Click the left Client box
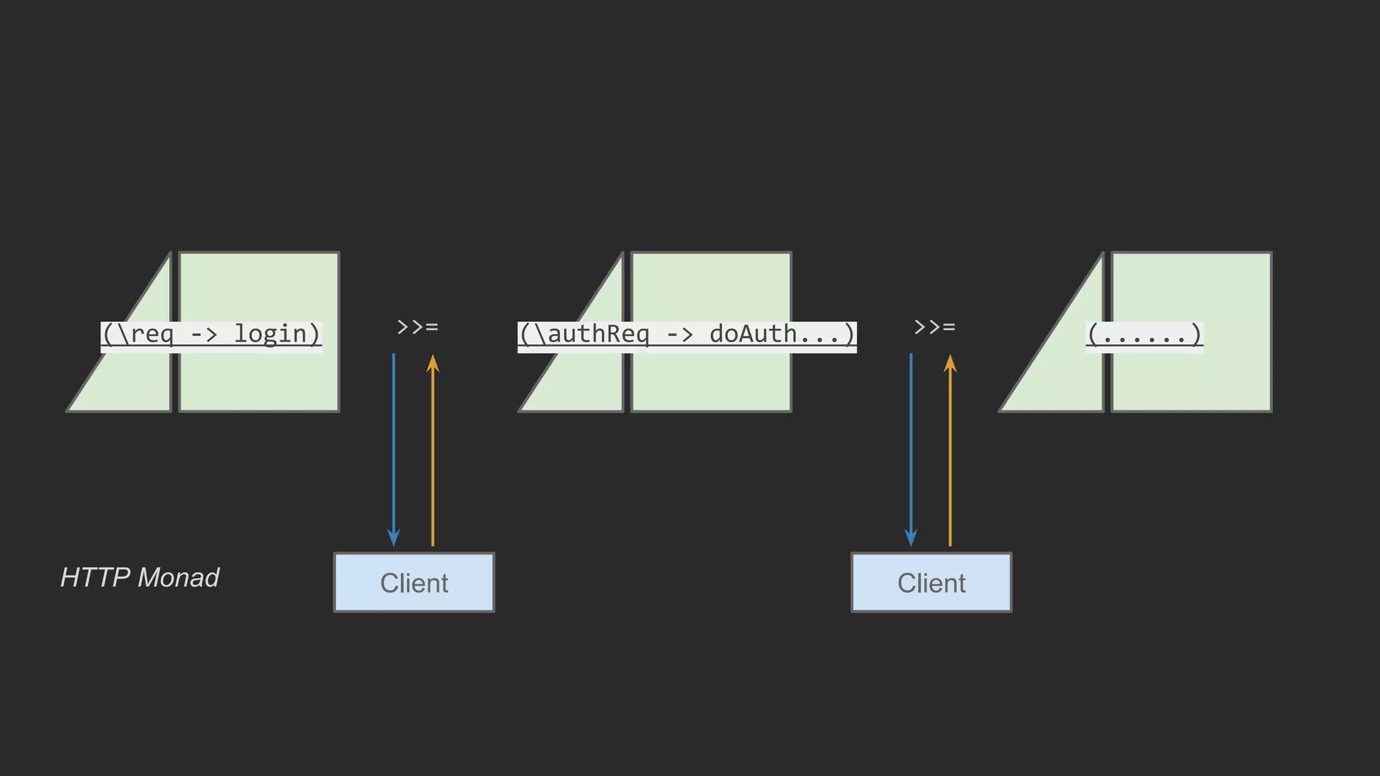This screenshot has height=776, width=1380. coord(414,583)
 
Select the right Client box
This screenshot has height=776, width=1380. coord(931,583)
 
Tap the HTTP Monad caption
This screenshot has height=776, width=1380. coord(139,577)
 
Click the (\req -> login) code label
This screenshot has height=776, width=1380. coord(211,335)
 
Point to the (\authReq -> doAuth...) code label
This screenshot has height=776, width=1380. coord(687,335)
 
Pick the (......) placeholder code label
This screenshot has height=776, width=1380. coord(1144,335)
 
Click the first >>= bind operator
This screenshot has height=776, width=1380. coord(418,327)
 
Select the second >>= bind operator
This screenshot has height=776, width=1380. coord(935,327)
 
